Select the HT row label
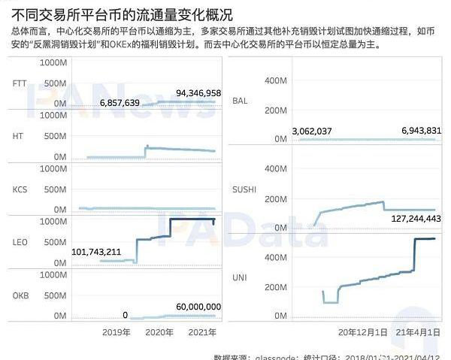coord(18,135)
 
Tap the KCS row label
coord(20,189)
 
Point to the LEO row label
coord(20,243)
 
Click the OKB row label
coord(20,296)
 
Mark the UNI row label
coord(241,278)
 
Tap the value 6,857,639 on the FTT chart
coord(120,101)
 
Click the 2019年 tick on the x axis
coord(117,331)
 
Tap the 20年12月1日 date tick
coord(363,331)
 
